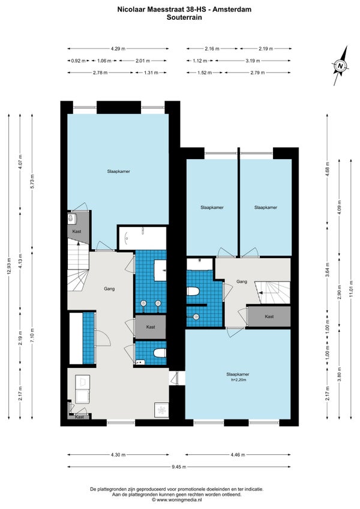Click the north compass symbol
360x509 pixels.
click(340, 66)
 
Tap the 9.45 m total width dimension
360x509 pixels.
click(179, 467)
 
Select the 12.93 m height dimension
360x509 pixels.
click(9, 266)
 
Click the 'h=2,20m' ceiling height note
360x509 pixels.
click(238, 379)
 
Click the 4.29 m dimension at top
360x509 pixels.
click(118, 49)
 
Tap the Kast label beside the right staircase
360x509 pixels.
click(269, 316)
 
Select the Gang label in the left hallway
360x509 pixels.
click(109, 289)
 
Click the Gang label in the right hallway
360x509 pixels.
click(242, 282)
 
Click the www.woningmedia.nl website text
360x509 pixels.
click(177, 499)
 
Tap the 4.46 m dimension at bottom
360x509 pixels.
click(238, 455)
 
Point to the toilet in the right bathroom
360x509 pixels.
click(193, 291)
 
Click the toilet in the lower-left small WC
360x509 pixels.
click(160, 353)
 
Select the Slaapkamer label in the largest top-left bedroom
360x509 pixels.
click(118, 171)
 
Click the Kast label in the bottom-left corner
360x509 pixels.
click(79, 417)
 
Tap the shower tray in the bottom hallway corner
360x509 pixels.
click(161, 411)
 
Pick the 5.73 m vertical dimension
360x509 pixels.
click(32, 182)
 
